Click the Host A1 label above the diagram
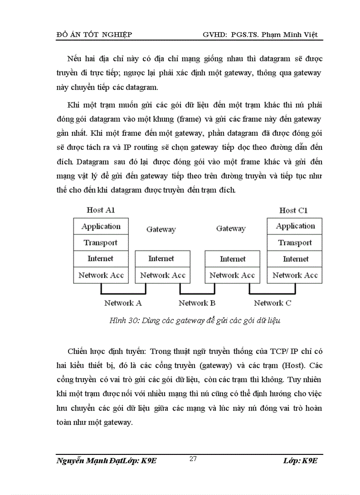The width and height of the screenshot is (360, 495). pyautogui.click(x=101, y=210)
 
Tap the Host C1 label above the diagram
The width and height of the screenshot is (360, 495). pyautogui.click(x=293, y=210)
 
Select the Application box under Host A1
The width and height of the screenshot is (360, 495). pyautogui.click(x=101, y=227)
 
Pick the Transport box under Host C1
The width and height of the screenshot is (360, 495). pyautogui.click(x=295, y=243)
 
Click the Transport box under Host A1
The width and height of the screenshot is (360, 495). pyautogui.click(x=101, y=243)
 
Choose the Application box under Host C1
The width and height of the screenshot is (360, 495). pyautogui.click(x=295, y=227)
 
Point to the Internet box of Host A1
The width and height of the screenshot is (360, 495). pyautogui.click(x=101, y=259)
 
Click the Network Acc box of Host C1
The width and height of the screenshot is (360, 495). pyautogui.click(x=295, y=275)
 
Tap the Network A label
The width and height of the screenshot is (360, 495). pyautogui.click(x=123, y=303)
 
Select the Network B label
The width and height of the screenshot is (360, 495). pyautogui.click(x=197, y=303)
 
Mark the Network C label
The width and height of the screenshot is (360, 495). pyautogui.click(x=272, y=303)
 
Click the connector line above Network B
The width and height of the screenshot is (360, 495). pyautogui.click(x=197, y=293)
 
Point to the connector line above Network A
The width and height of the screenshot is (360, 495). pyautogui.click(x=123, y=293)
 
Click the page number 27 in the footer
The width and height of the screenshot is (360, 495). pyautogui.click(x=193, y=459)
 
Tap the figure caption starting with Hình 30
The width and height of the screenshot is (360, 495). pyautogui.click(x=195, y=321)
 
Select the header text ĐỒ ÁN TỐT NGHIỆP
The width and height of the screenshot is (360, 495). pyautogui.click(x=94, y=34)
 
